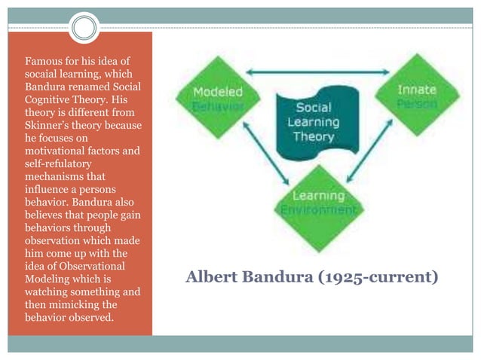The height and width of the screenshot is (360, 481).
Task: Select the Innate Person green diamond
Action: click(x=417, y=96)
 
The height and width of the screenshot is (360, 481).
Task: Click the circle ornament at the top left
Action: click(x=85, y=28)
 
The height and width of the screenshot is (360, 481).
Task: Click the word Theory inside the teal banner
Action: click(x=313, y=136)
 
